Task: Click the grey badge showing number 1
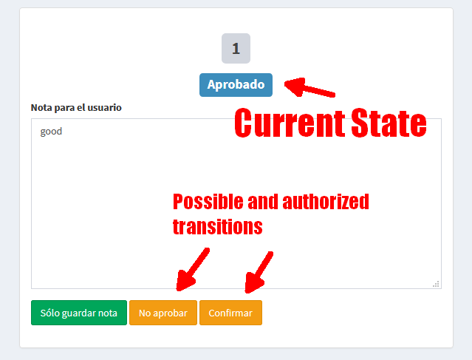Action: (x=236, y=49)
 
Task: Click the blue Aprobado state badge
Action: (x=236, y=85)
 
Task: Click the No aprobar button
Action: (x=163, y=313)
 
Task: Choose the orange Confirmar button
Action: (x=230, y=313)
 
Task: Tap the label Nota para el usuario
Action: (x=76, y=107)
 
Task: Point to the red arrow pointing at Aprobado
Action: (x=310, y=89)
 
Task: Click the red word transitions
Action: (x=217, y=226)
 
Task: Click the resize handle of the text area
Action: (x=436, y=283)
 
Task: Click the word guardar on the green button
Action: (x=79, y=313)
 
